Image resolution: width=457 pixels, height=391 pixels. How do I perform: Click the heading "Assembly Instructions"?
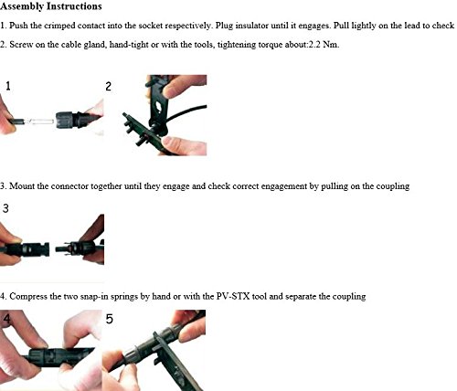coord(51,6)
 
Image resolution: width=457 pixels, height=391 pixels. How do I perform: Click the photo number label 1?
coord(8,86)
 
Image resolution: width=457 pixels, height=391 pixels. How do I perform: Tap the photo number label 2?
coord(108,87)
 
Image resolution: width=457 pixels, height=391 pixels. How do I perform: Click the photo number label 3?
coord(5,208)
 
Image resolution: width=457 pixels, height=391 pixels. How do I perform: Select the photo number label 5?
coord(109,319)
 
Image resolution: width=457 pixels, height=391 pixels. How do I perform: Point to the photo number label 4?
coord(6,319)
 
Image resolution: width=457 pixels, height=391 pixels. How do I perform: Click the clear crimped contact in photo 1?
coord(41,122)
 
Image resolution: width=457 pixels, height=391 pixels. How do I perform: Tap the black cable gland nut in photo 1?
coord(65,121)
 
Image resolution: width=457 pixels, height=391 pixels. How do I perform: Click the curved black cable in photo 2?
coord(186,112)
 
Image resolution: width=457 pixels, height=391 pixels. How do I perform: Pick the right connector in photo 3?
coord(80,248)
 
